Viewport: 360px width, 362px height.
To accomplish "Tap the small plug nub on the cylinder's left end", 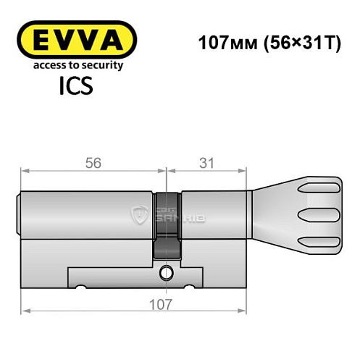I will click(19, 215).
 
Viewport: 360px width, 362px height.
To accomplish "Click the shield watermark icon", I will click(139, 214).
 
